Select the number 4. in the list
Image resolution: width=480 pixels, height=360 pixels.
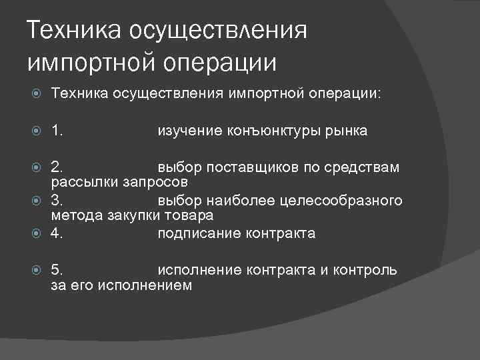(x=57, y=233)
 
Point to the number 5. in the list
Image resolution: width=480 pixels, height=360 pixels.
(x=57, y=270)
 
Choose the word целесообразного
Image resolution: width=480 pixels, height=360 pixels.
(x=346, y=201)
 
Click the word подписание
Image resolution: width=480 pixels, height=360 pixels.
(x=196, y=233)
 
